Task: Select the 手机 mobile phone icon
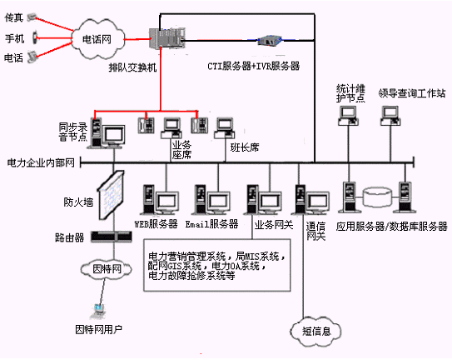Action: tap(33, 37)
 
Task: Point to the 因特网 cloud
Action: tap(100, 268)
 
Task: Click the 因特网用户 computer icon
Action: tap(98, 310)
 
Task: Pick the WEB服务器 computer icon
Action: tap(159, 200)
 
